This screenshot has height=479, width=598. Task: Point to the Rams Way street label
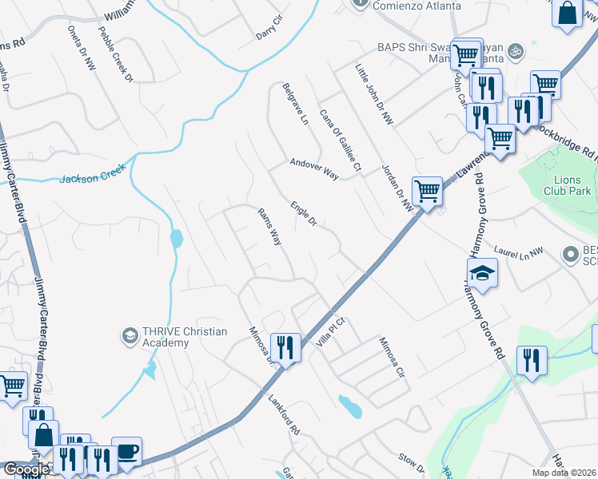[269, 226]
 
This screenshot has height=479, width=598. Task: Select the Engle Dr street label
[304, 212]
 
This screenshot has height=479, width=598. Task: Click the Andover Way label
[315, 168]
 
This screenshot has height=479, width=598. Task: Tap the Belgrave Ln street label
[295, 105]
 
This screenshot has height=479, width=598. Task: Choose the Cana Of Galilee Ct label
[341, 141]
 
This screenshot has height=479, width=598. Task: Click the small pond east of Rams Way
[350, 406]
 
